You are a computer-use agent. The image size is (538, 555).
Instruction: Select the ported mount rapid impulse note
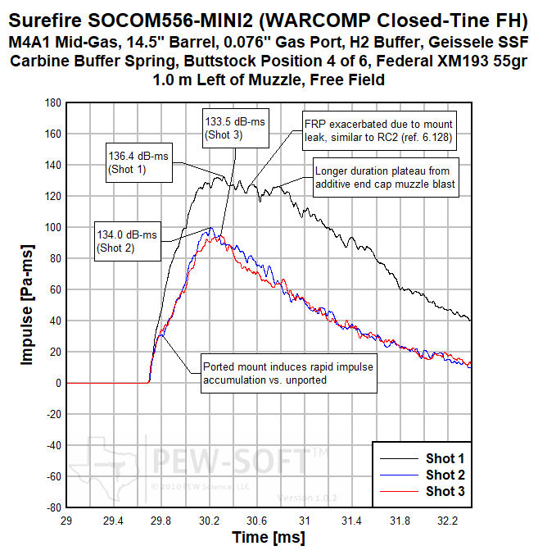pyautogui.click(x=287, y=373)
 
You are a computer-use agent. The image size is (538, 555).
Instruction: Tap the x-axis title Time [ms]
pyautogui.click(x=268, y=537)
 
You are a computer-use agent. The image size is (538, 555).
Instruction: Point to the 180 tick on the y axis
pyautogui.click(x=52, y=102)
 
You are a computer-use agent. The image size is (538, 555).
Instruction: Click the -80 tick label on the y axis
pyautogui.click(x=52, y=507)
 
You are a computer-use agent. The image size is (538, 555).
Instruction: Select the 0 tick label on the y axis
pyautogui.click(x=57, y=383)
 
